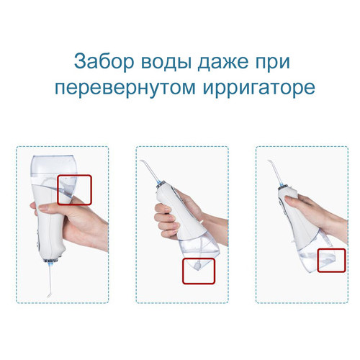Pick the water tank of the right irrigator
(317, 252)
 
